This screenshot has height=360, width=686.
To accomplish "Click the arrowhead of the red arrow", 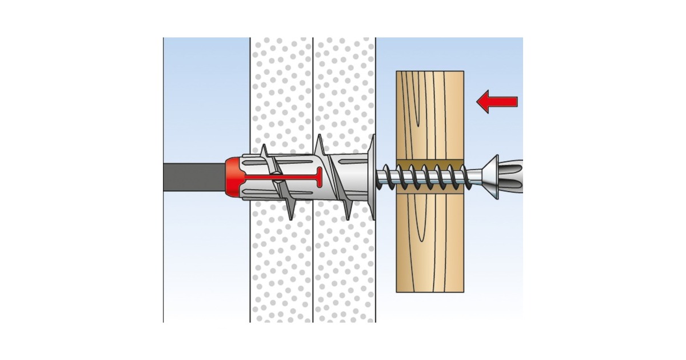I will point(484,102).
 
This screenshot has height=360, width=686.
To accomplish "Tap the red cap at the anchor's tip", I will point(234,177).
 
